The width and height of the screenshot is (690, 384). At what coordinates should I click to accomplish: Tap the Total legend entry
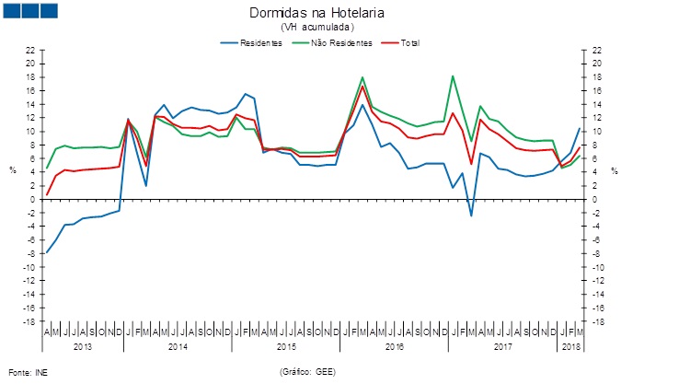pos(405,43)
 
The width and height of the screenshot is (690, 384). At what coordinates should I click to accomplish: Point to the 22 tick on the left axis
pos(30,50)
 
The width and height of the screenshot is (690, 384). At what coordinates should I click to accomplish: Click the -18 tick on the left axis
pos(29,321)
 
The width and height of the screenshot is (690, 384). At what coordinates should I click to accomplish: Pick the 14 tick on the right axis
pos(597,104)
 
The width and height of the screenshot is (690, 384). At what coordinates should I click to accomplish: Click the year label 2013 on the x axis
pos(83,346)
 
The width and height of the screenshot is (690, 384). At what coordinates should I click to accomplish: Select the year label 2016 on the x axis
pos(395,346)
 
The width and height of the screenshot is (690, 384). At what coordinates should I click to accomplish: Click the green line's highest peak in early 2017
pos(453,76)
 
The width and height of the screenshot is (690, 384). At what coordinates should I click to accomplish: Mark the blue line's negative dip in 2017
pos(471,215)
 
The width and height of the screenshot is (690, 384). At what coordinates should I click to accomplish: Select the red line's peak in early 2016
pos(362,87)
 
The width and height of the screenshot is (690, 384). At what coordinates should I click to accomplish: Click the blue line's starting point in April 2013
pos(46,252)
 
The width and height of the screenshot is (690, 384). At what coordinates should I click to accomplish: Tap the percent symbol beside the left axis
pos(13,171)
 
